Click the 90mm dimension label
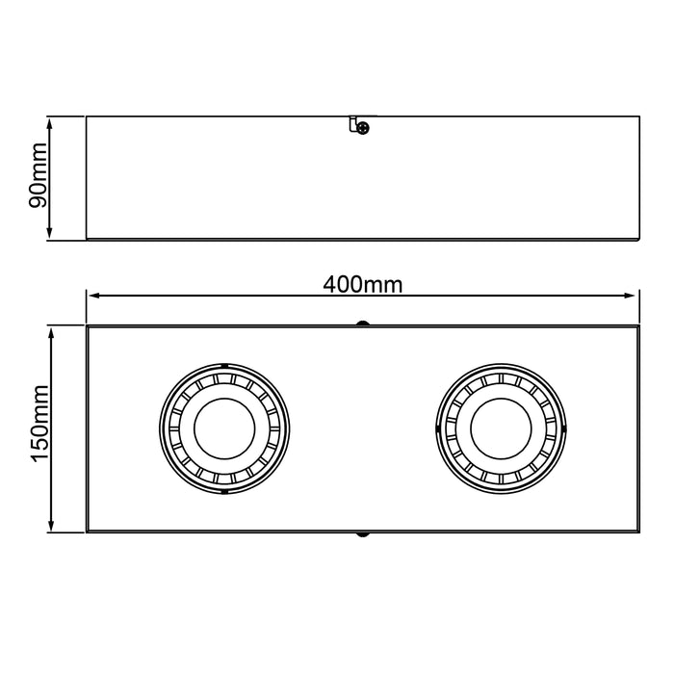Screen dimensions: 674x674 [38, 175]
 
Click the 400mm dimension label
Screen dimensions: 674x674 [363, 285]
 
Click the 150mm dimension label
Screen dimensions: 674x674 [40, 423]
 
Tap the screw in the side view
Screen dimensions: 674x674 [363, 128]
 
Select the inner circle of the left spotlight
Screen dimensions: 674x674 [224, 428]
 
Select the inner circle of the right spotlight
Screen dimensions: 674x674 [502, 428]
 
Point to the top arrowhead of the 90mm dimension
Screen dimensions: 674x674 [49, 124]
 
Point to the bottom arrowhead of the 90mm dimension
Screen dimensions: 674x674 [49, 232]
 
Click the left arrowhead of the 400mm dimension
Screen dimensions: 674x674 [93, 296]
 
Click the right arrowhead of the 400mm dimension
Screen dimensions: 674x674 [629, 296]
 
